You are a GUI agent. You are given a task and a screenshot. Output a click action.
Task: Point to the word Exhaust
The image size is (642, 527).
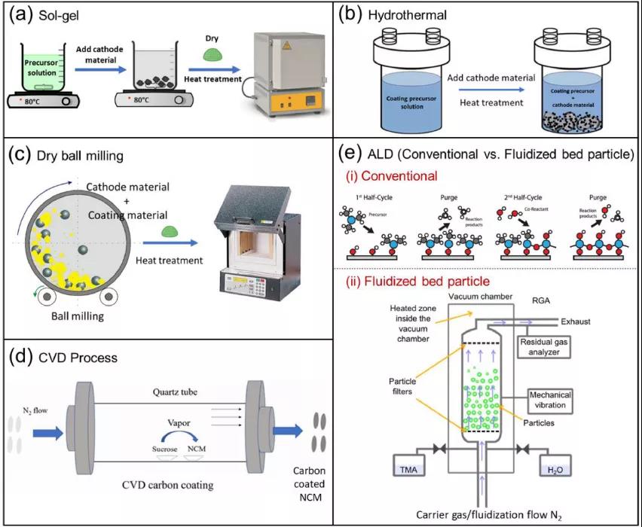(583, 321)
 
